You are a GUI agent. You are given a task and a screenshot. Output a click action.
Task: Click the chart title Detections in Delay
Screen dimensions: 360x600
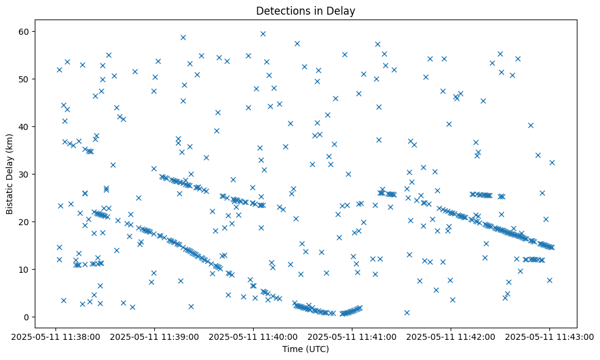(305, 10)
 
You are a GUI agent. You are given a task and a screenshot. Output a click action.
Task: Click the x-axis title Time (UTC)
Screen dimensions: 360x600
(305, 349)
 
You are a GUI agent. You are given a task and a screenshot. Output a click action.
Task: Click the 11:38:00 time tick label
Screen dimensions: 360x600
(55, 336)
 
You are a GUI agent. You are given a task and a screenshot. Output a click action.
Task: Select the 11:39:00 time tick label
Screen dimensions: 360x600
(154, 336)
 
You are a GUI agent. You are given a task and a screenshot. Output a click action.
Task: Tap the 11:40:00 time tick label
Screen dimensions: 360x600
(253, 336)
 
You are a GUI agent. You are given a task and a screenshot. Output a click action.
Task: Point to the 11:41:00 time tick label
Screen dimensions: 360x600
(352, 336)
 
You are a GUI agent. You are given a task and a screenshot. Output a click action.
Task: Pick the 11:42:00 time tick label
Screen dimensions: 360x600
(451, 336)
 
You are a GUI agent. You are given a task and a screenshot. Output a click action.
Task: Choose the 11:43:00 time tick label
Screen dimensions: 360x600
(549, 336)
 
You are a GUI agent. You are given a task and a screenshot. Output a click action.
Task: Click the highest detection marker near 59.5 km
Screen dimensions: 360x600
(263, 34)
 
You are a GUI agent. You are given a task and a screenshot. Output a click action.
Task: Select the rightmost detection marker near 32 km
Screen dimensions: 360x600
(552, 162)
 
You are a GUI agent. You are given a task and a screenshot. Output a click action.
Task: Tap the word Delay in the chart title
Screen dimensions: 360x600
(343, 10)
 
